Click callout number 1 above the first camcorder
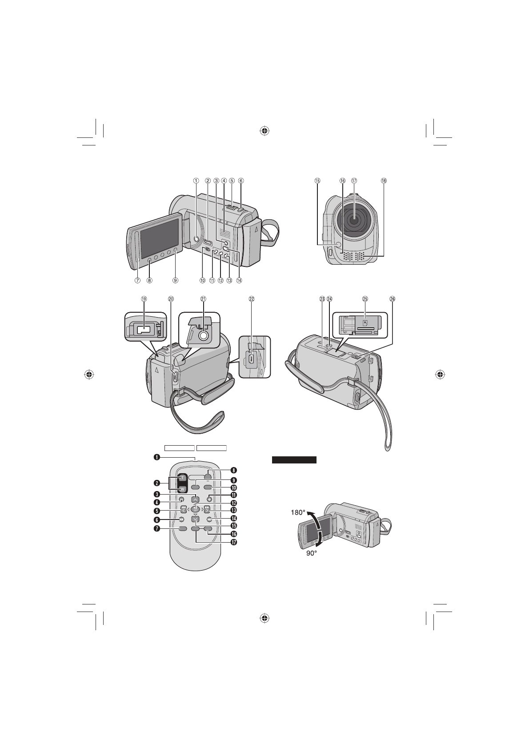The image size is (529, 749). click(x=196, y=181)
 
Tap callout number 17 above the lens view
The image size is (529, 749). click(x=354, y=181)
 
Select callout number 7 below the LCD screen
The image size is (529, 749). click(x=138, y=281)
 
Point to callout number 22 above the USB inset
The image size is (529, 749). click(x=252, y=299)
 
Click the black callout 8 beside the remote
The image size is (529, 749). click(x=233, y=470)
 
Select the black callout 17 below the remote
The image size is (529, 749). click(x=233, y=543)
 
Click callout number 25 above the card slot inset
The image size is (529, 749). click(x=365, y=299)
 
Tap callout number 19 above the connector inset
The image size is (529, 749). click(x=144, y=299)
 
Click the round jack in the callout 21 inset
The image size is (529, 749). click(x=203, y=336)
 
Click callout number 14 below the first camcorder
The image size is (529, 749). click(x=239, y=281)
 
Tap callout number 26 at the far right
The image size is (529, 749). click(x=392, y=299)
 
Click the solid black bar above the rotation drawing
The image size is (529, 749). click(x=294, y=460)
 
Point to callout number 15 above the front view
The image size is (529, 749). click(x=317, y=181)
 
